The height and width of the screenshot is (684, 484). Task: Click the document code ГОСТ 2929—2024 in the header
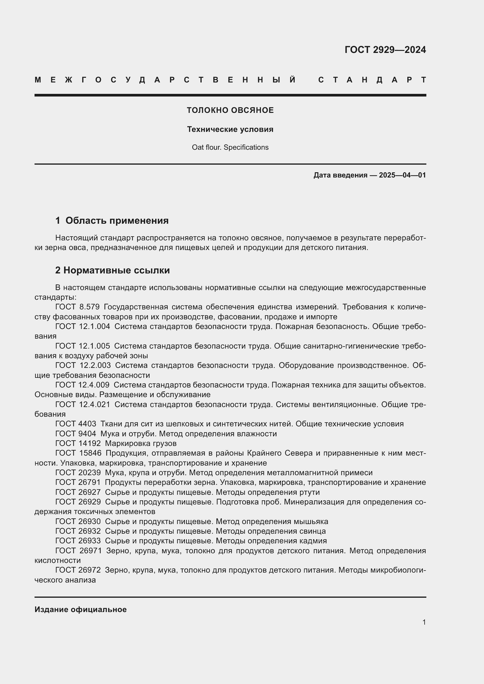click(385, 50)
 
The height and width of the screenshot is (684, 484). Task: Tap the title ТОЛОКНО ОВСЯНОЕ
click(230, 110)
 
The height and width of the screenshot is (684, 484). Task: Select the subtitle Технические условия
click(230, 129)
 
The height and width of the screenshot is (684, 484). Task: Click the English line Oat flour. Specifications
click(230, 147)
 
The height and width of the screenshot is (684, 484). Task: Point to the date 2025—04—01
click(402, 175)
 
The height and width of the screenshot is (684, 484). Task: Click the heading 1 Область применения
click(112, 220)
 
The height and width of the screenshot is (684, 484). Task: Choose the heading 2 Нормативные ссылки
click(112, 270)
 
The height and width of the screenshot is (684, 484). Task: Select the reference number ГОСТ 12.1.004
click(83, 327)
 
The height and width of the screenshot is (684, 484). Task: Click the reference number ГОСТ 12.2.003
click(83, 365)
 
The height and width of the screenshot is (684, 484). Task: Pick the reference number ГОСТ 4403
click(76, 424)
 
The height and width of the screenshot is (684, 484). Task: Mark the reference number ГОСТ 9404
click(76, 434)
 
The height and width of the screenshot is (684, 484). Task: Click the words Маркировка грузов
click(141, 444)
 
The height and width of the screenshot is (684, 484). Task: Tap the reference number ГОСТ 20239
click(78, 473)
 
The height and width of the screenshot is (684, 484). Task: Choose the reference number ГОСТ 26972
click(78, 570)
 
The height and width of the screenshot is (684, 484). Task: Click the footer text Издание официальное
click(80, 609)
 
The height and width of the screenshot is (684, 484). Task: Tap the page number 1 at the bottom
click(424, 622)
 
